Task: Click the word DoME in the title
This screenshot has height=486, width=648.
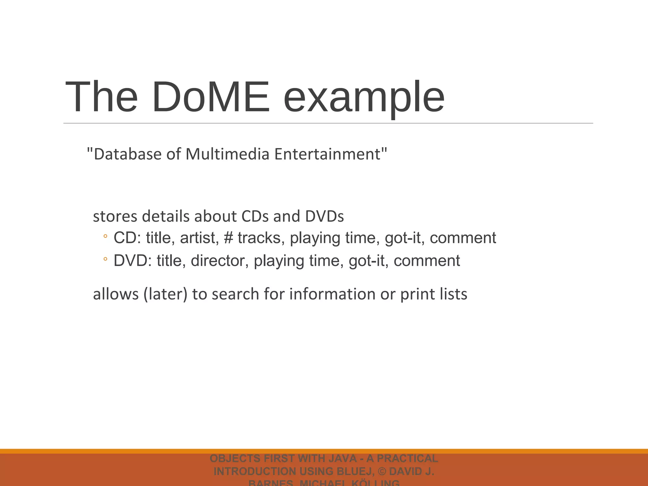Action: pyautogui.click(x=211, y=97)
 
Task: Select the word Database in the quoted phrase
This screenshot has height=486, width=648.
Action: pyautogui.click(x=128, y=154)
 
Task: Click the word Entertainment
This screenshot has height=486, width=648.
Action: pyautogui.click(x=327, y=154)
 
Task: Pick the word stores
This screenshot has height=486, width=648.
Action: pyautogui.click(x=115, y=217)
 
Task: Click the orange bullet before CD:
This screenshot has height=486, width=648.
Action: pyautogui.click(x=105, y=236)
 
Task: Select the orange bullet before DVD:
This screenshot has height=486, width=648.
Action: pyautogui.click(x=105, y=259)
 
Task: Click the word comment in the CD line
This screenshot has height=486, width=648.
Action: pyautogui.click(x=463, y=238)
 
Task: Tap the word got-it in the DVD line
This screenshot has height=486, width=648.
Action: pyautogui.click(x=368, y=261)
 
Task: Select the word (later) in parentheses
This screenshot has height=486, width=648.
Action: pyautogui.click(x=165, y=294)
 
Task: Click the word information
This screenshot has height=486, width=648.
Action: pyautogui.click(x=333, y=294)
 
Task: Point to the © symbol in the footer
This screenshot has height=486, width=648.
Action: pyautogui.click(x=382, y=471)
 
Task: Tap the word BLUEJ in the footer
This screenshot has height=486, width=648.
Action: pyautogui.click(x=354, y=471)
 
